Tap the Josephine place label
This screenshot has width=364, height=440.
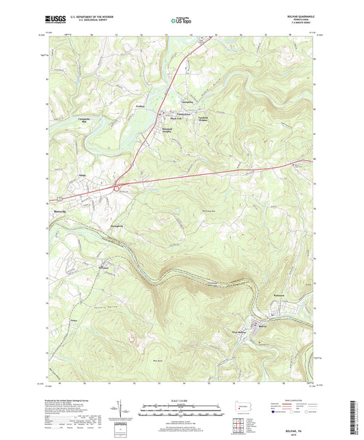tap(187, 102)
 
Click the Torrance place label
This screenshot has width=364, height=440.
tap(102, 269)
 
